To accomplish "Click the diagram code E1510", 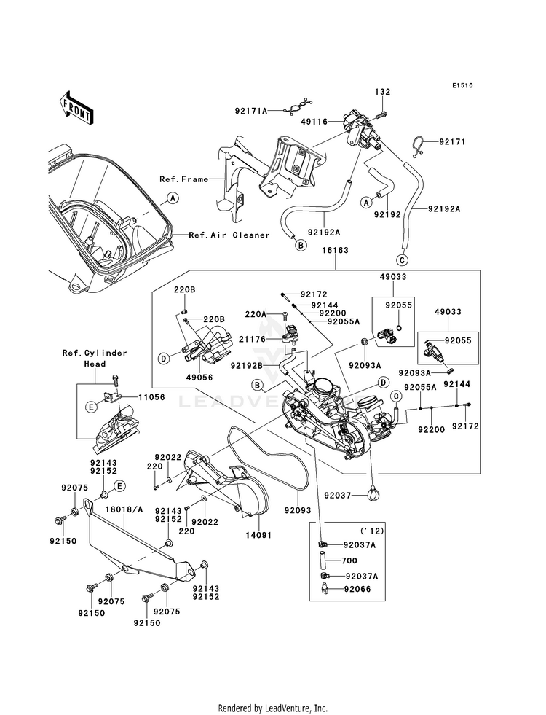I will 462,85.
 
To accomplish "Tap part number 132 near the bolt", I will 382,92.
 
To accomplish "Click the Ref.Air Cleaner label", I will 229,235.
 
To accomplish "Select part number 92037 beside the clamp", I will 337,496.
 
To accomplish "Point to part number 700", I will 351,561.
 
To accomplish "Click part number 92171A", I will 251,110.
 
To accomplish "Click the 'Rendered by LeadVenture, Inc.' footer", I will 273,708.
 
